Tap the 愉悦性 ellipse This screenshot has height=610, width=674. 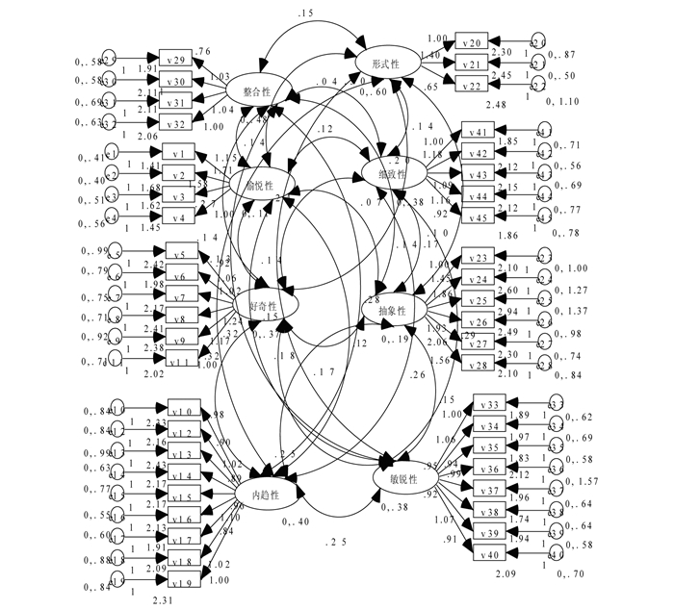[257, 185]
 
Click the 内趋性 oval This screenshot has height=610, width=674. [266, 494]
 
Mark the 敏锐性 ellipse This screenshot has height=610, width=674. [402, 478]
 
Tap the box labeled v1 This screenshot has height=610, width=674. [179, 154]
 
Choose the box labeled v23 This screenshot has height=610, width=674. [480, 258]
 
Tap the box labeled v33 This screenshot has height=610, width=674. [488, 404]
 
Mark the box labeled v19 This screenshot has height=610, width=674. [185, 582]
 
